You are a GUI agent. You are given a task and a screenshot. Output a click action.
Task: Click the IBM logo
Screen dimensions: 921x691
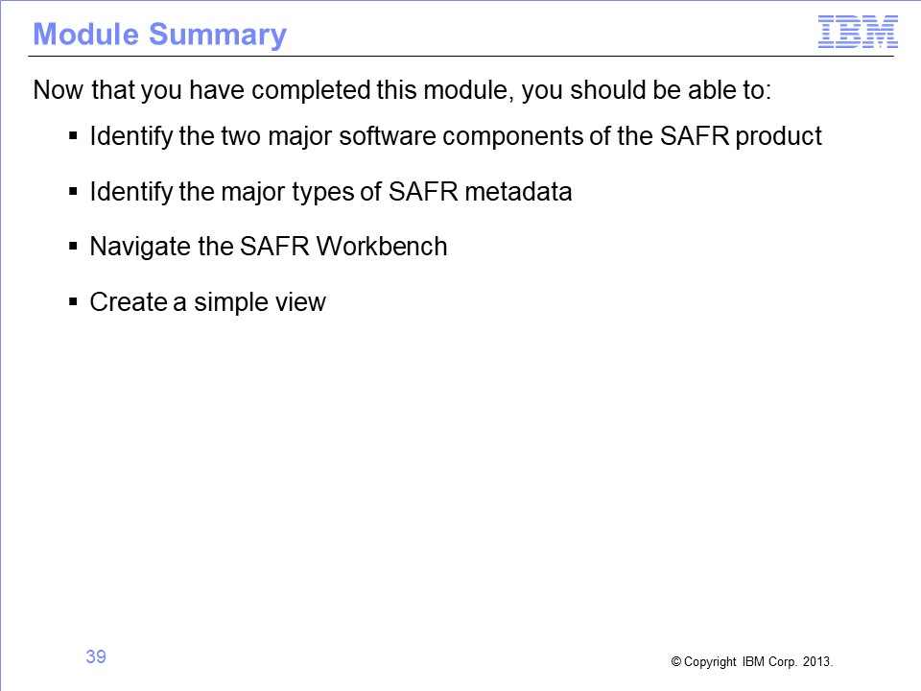[858, 33]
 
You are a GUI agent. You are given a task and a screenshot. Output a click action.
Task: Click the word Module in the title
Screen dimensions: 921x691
[85, 35]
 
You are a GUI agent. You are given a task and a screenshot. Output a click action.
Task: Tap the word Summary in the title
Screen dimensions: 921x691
[218, 36]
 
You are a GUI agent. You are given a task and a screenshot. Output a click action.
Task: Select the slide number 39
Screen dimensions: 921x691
[96, 656]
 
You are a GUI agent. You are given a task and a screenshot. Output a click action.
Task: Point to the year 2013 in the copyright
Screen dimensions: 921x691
[817, 661]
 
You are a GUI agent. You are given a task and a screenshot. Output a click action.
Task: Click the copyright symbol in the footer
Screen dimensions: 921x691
[676, 661]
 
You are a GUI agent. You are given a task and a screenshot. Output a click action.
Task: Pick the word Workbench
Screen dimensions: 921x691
[382, 247]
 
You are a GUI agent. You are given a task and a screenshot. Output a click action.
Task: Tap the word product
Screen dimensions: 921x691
[778, 137]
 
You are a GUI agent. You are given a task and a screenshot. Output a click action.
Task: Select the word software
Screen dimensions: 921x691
[388, 136]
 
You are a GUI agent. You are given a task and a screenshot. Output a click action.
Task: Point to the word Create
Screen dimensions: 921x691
[128, 302]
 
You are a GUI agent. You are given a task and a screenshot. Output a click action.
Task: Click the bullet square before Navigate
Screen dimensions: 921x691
[73, 246]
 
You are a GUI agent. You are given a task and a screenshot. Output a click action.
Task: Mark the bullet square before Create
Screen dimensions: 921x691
[73, 301]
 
